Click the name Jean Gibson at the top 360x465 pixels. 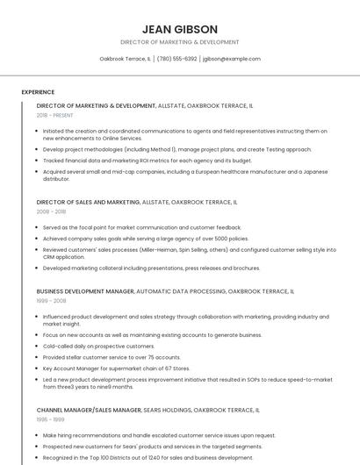click(179, 28)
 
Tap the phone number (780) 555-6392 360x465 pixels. click(176, 59)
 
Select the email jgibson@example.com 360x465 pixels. click(232, 59)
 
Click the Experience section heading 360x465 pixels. click(38, 91)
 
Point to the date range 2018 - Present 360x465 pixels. click(55, 115)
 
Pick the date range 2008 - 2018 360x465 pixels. click(51, 211)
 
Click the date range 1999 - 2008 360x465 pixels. click(51, 300)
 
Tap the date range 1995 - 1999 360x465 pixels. click(50, 419)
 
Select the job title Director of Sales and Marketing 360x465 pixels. click(88, 202)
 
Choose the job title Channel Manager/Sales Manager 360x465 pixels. click(89, 410)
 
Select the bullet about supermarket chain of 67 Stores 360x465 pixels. click(118, 368)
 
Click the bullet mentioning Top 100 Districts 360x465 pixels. click(148, 457)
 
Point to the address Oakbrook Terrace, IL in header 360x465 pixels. click(125, 59)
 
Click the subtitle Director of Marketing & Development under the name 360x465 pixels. click(179, 42)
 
